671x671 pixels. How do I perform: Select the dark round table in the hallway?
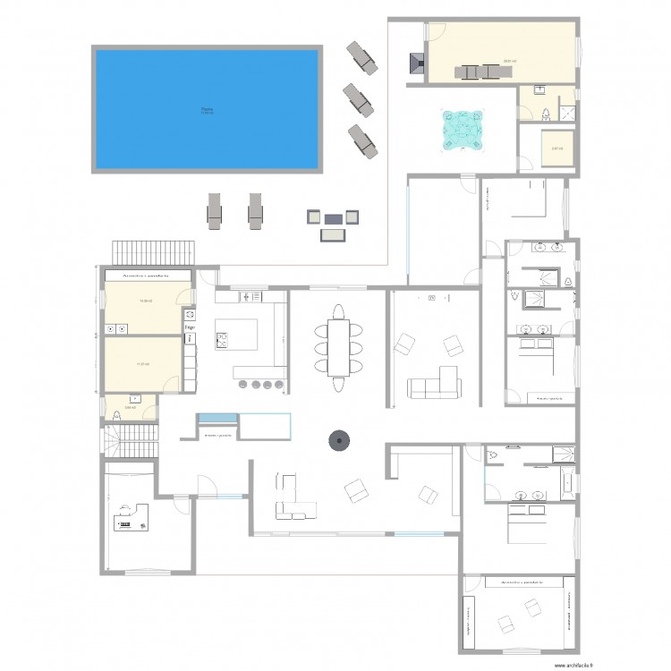339,439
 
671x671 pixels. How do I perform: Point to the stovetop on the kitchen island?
222,339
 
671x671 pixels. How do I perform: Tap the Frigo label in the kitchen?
190,328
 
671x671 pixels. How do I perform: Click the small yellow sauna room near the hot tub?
556,149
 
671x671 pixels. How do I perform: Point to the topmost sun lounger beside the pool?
362,55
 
